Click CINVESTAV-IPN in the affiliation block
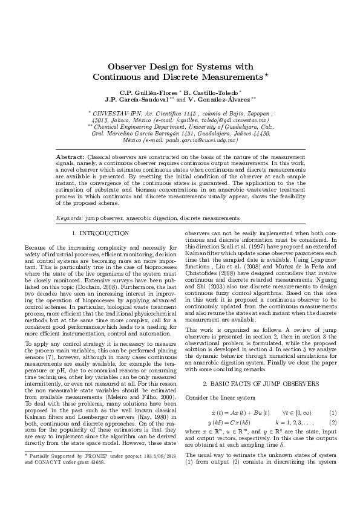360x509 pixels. tap(118, 113)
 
